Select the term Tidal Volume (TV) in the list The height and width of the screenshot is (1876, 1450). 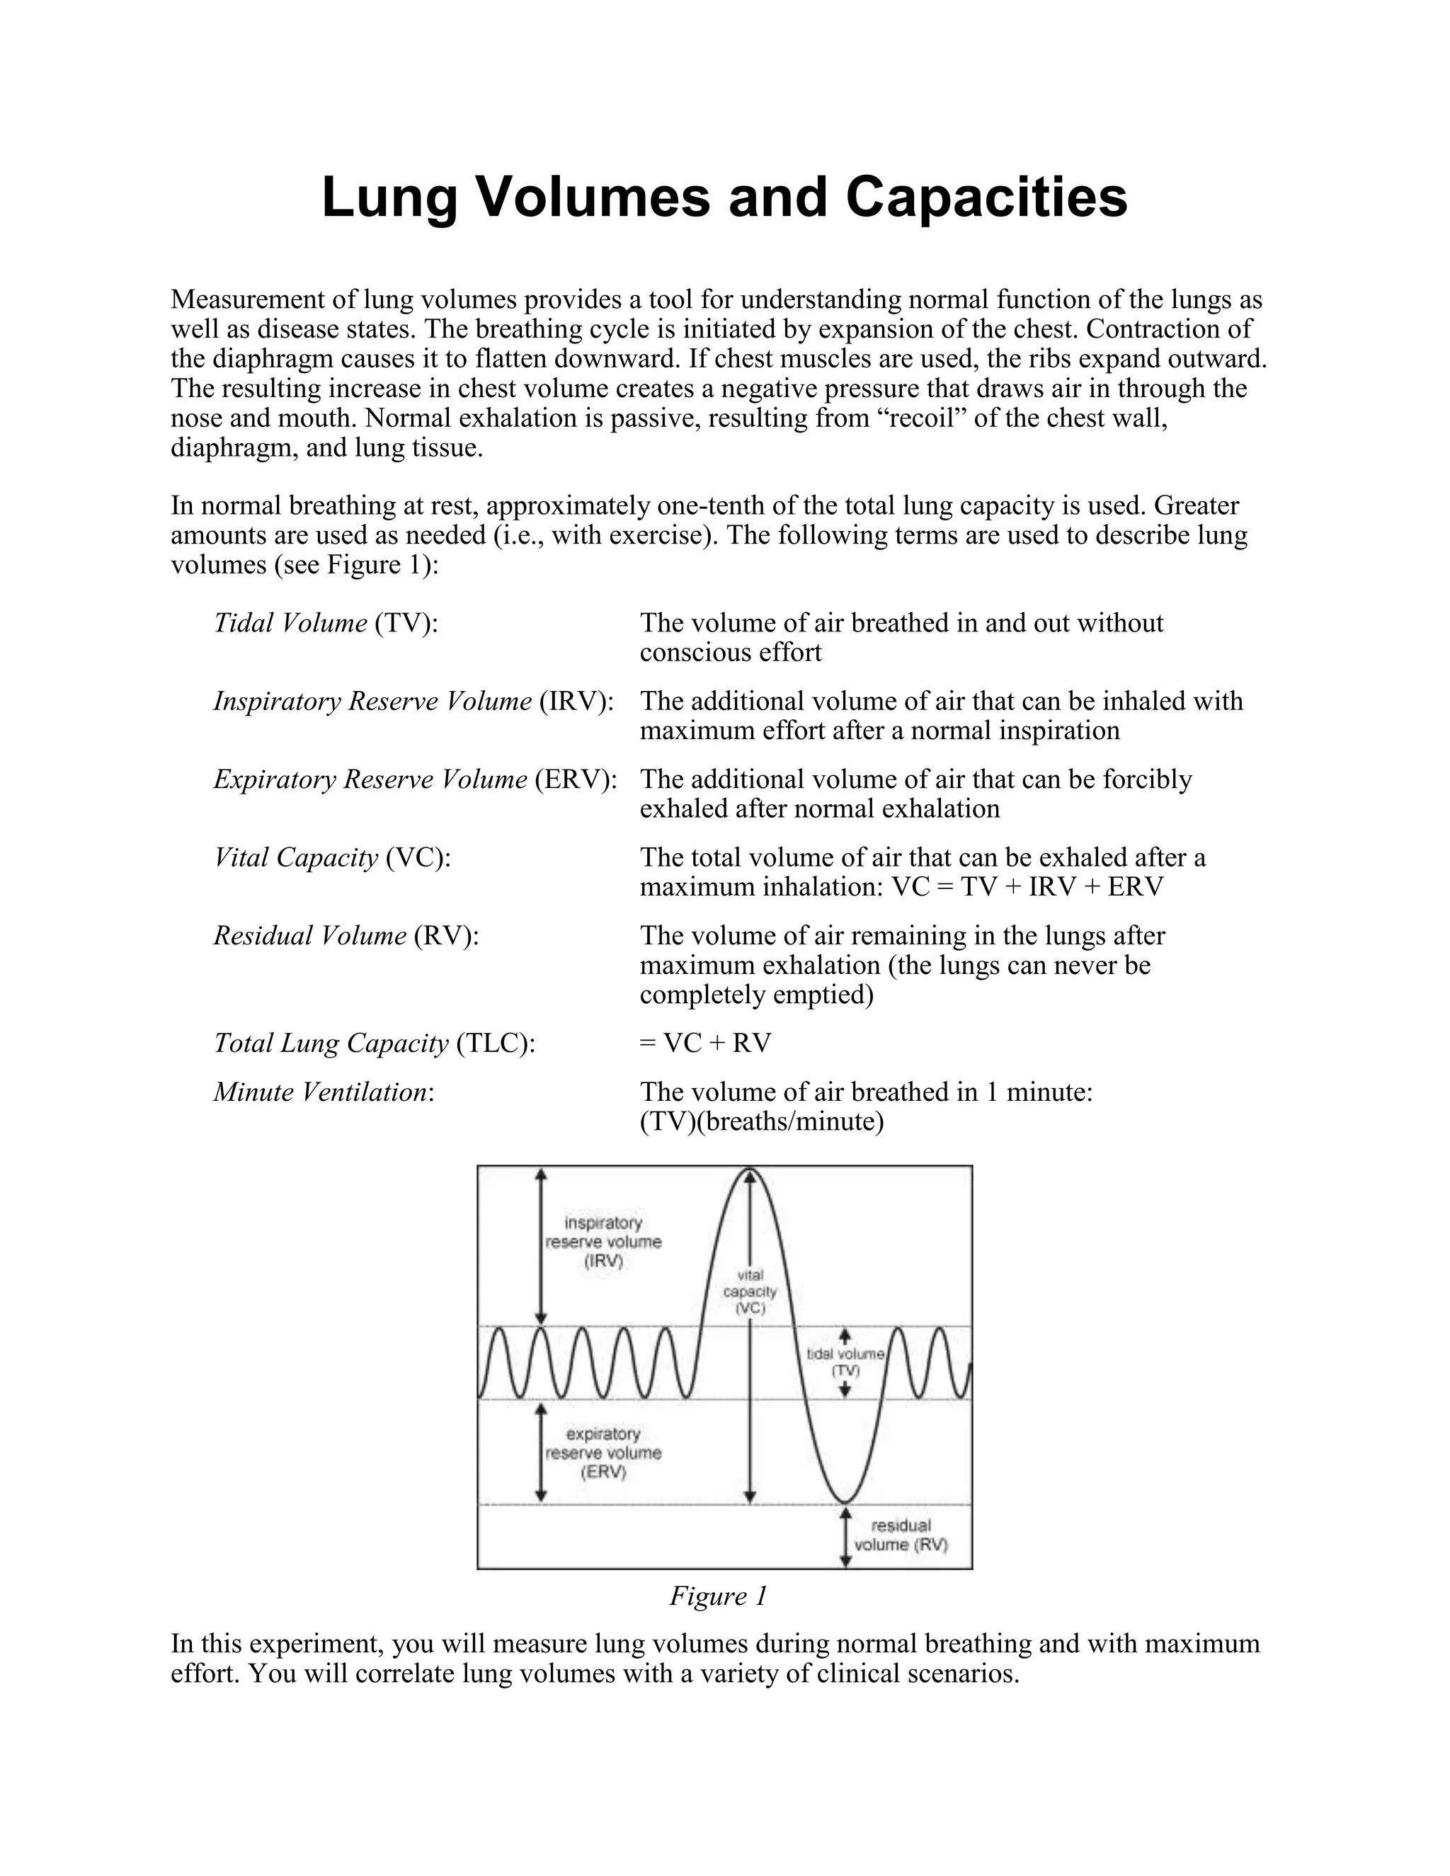(326, 623)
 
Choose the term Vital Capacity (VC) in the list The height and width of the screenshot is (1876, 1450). (331, 857)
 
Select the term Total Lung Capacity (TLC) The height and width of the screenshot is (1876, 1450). (374, 1043)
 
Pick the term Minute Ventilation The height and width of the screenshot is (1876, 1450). (323, 1092)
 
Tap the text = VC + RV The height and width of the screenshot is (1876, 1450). (705, 1043)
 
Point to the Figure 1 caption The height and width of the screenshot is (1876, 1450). (717, 1596)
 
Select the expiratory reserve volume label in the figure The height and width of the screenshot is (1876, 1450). (603, 1453)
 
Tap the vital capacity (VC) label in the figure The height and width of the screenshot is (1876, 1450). (750, 1292)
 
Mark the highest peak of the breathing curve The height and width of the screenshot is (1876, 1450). (750, 1170)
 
